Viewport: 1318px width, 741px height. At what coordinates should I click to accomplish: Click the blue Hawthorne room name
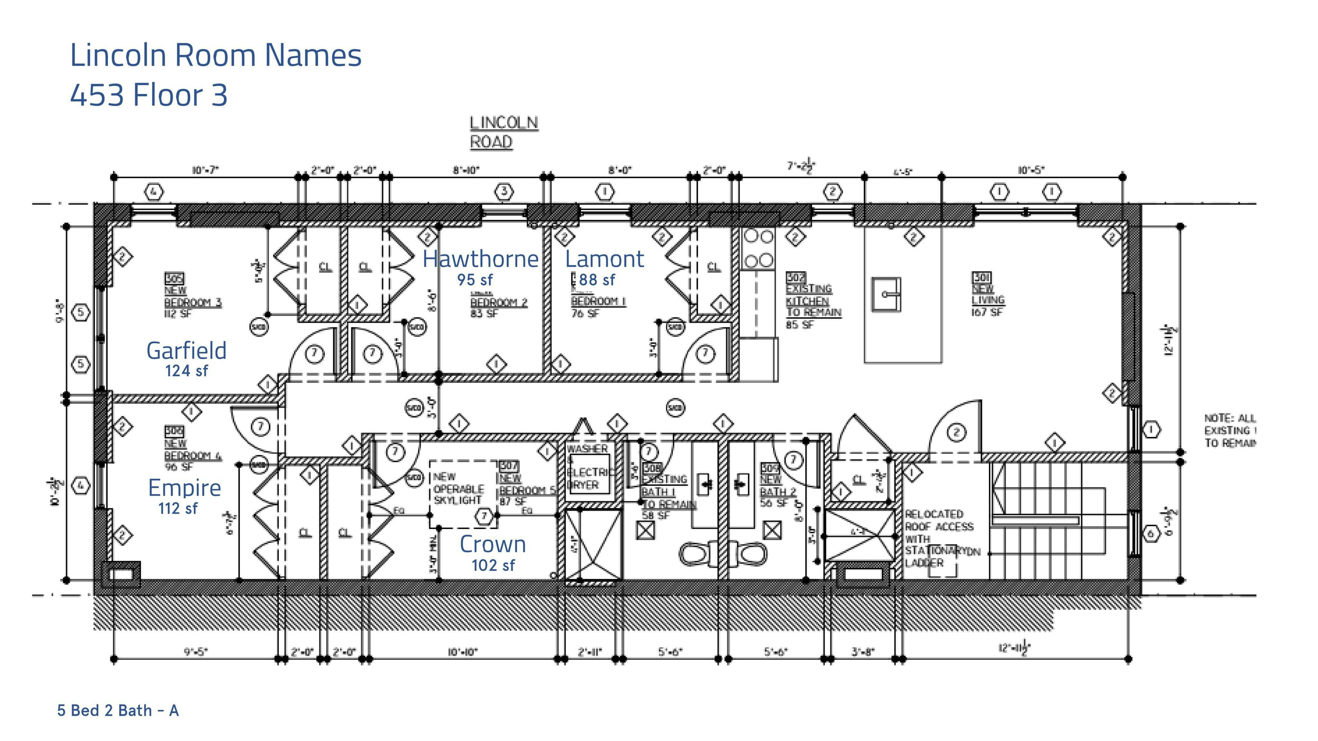(x=480, y=259)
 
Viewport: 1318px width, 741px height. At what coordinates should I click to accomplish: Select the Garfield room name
(x=186, y=351)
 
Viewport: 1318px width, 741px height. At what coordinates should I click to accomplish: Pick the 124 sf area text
(x=186, y=371)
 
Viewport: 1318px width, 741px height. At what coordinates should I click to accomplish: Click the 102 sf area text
(x=493, y=565)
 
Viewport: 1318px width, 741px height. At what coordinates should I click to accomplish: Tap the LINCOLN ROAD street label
(x=504, y=132)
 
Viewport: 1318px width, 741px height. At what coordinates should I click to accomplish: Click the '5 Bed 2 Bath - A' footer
(x=118, y=710)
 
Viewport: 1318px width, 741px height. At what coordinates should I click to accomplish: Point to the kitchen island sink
(x=886, y=294)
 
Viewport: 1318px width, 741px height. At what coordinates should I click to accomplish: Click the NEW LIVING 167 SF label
(x=988, y=294)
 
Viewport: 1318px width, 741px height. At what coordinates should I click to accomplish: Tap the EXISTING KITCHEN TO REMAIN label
(x=812, y=300)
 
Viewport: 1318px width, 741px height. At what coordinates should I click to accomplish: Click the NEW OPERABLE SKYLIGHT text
(x=458, y=489)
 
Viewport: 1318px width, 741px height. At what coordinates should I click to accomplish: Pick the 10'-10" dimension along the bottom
(x=462, y=652)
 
